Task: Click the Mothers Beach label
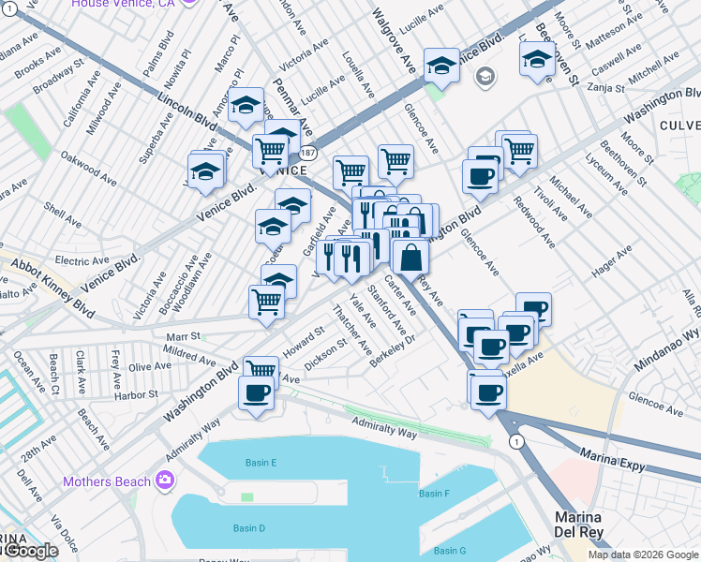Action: [106, 481]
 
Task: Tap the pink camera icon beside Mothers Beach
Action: [165, 481]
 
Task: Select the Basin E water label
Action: [261, 463]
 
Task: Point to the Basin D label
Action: [248, 528]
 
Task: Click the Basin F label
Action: [434, 494]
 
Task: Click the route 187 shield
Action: [307, 152]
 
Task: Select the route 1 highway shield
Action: [515, 441]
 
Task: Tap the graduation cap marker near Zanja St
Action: [536, 61]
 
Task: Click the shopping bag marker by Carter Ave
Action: [410, 258]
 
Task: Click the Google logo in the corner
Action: [31, 551]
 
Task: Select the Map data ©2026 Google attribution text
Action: [642, 555]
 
